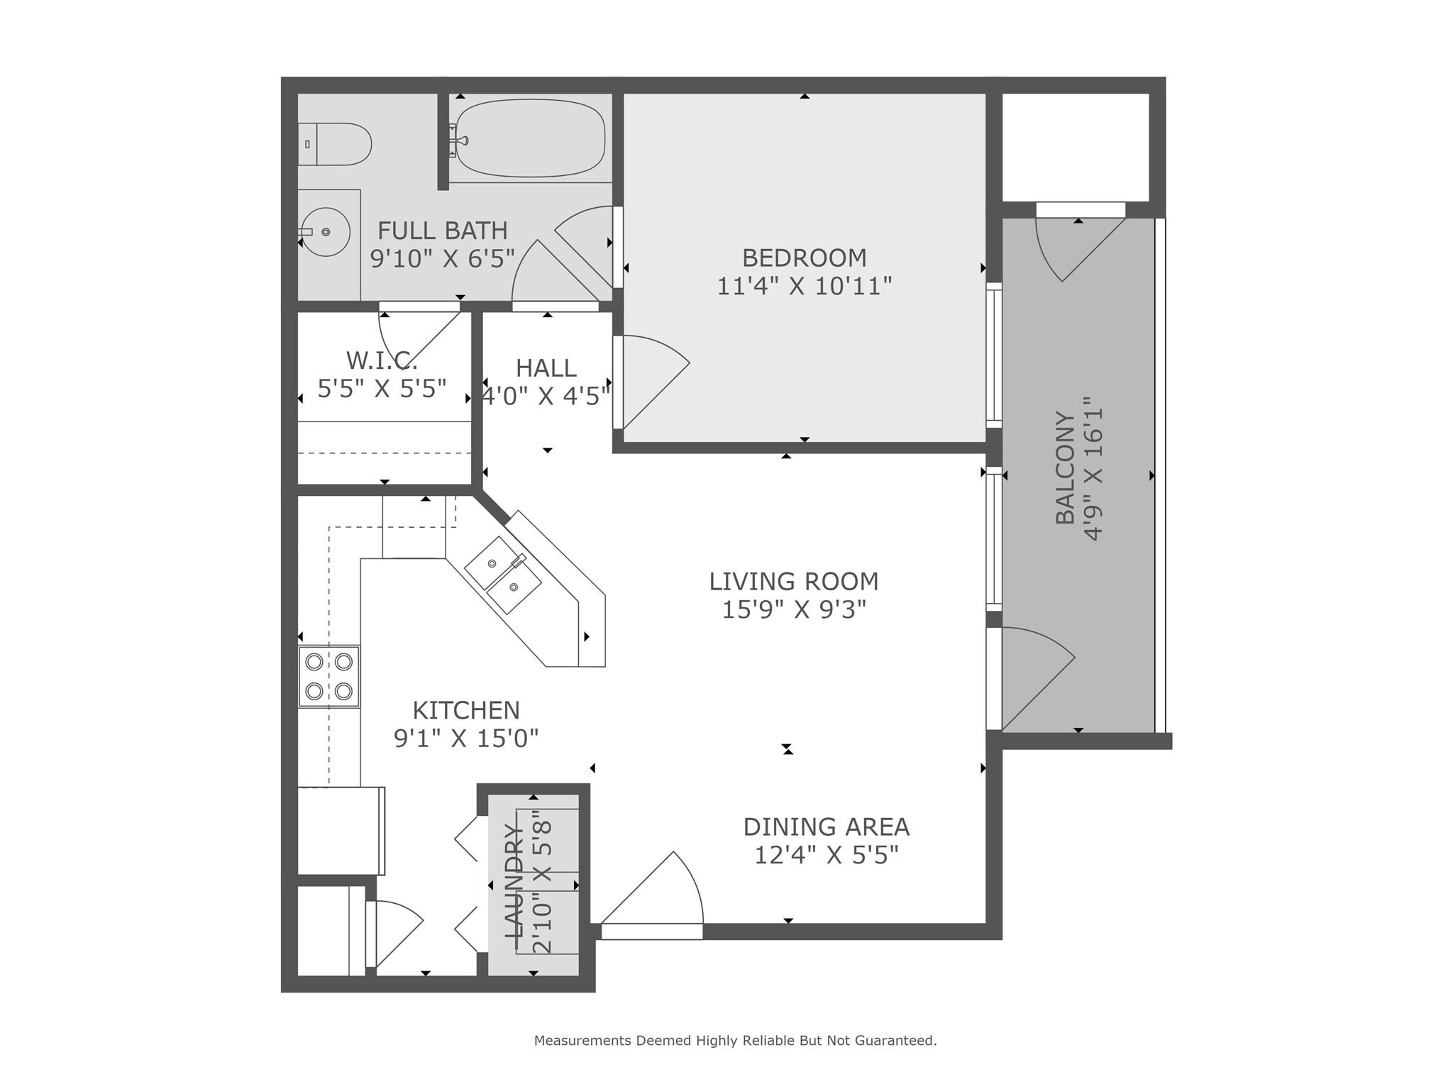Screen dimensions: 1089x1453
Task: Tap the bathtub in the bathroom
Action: point(530,138)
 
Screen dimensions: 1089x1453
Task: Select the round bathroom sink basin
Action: point(326,232)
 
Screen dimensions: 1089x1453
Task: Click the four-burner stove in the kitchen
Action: point(328,676)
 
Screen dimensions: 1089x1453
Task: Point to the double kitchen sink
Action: point(502,575)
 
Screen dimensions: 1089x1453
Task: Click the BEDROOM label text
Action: point(804,258)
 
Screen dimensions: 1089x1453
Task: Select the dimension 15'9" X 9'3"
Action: point(794,609)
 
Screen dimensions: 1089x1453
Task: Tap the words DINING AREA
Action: point(826,827)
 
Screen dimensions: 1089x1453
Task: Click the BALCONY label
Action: point(1065,468)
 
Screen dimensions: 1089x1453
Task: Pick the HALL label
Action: point(546,368)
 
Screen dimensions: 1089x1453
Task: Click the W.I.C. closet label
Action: point(382,360)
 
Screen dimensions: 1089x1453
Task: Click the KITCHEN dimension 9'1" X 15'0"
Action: point(466,739)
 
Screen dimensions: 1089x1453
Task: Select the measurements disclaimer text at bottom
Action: point(735,1041)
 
